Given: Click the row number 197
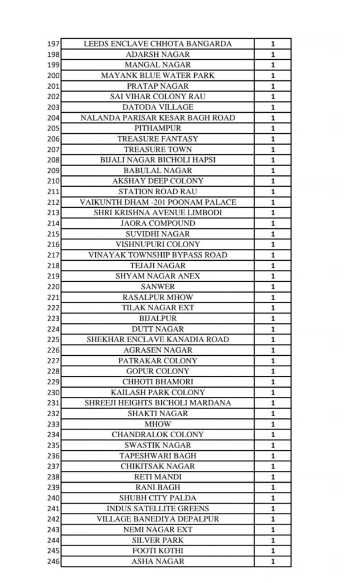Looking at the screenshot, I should coord(54,44).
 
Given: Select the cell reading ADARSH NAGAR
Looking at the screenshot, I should coord(158,55).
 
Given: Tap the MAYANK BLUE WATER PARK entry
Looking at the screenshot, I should coord(158,76).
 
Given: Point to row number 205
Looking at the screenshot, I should coord(54,129).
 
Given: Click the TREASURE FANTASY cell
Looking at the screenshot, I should coord(158,139).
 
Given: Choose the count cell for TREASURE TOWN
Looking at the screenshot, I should coord(273,150).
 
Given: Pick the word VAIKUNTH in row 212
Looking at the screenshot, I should coord(99,202).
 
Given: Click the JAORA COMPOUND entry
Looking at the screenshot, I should coord(158,223).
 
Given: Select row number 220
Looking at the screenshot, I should coord(54,287).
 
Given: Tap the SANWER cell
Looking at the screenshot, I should coord(158,287).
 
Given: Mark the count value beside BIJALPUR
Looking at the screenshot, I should coord(273,318).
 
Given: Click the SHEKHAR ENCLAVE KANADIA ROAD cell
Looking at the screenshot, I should coord(158,339).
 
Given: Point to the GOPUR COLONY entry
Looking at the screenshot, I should coord(158,371).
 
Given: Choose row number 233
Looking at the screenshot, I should coord(54,424).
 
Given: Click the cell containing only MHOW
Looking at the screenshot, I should coord(158,424).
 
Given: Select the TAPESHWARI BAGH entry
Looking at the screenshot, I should coord(158,456).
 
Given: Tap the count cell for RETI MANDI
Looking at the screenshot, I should coord(273,477).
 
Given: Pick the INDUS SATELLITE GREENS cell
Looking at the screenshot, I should coord(158,508).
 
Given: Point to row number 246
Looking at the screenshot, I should coord(54,562).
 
